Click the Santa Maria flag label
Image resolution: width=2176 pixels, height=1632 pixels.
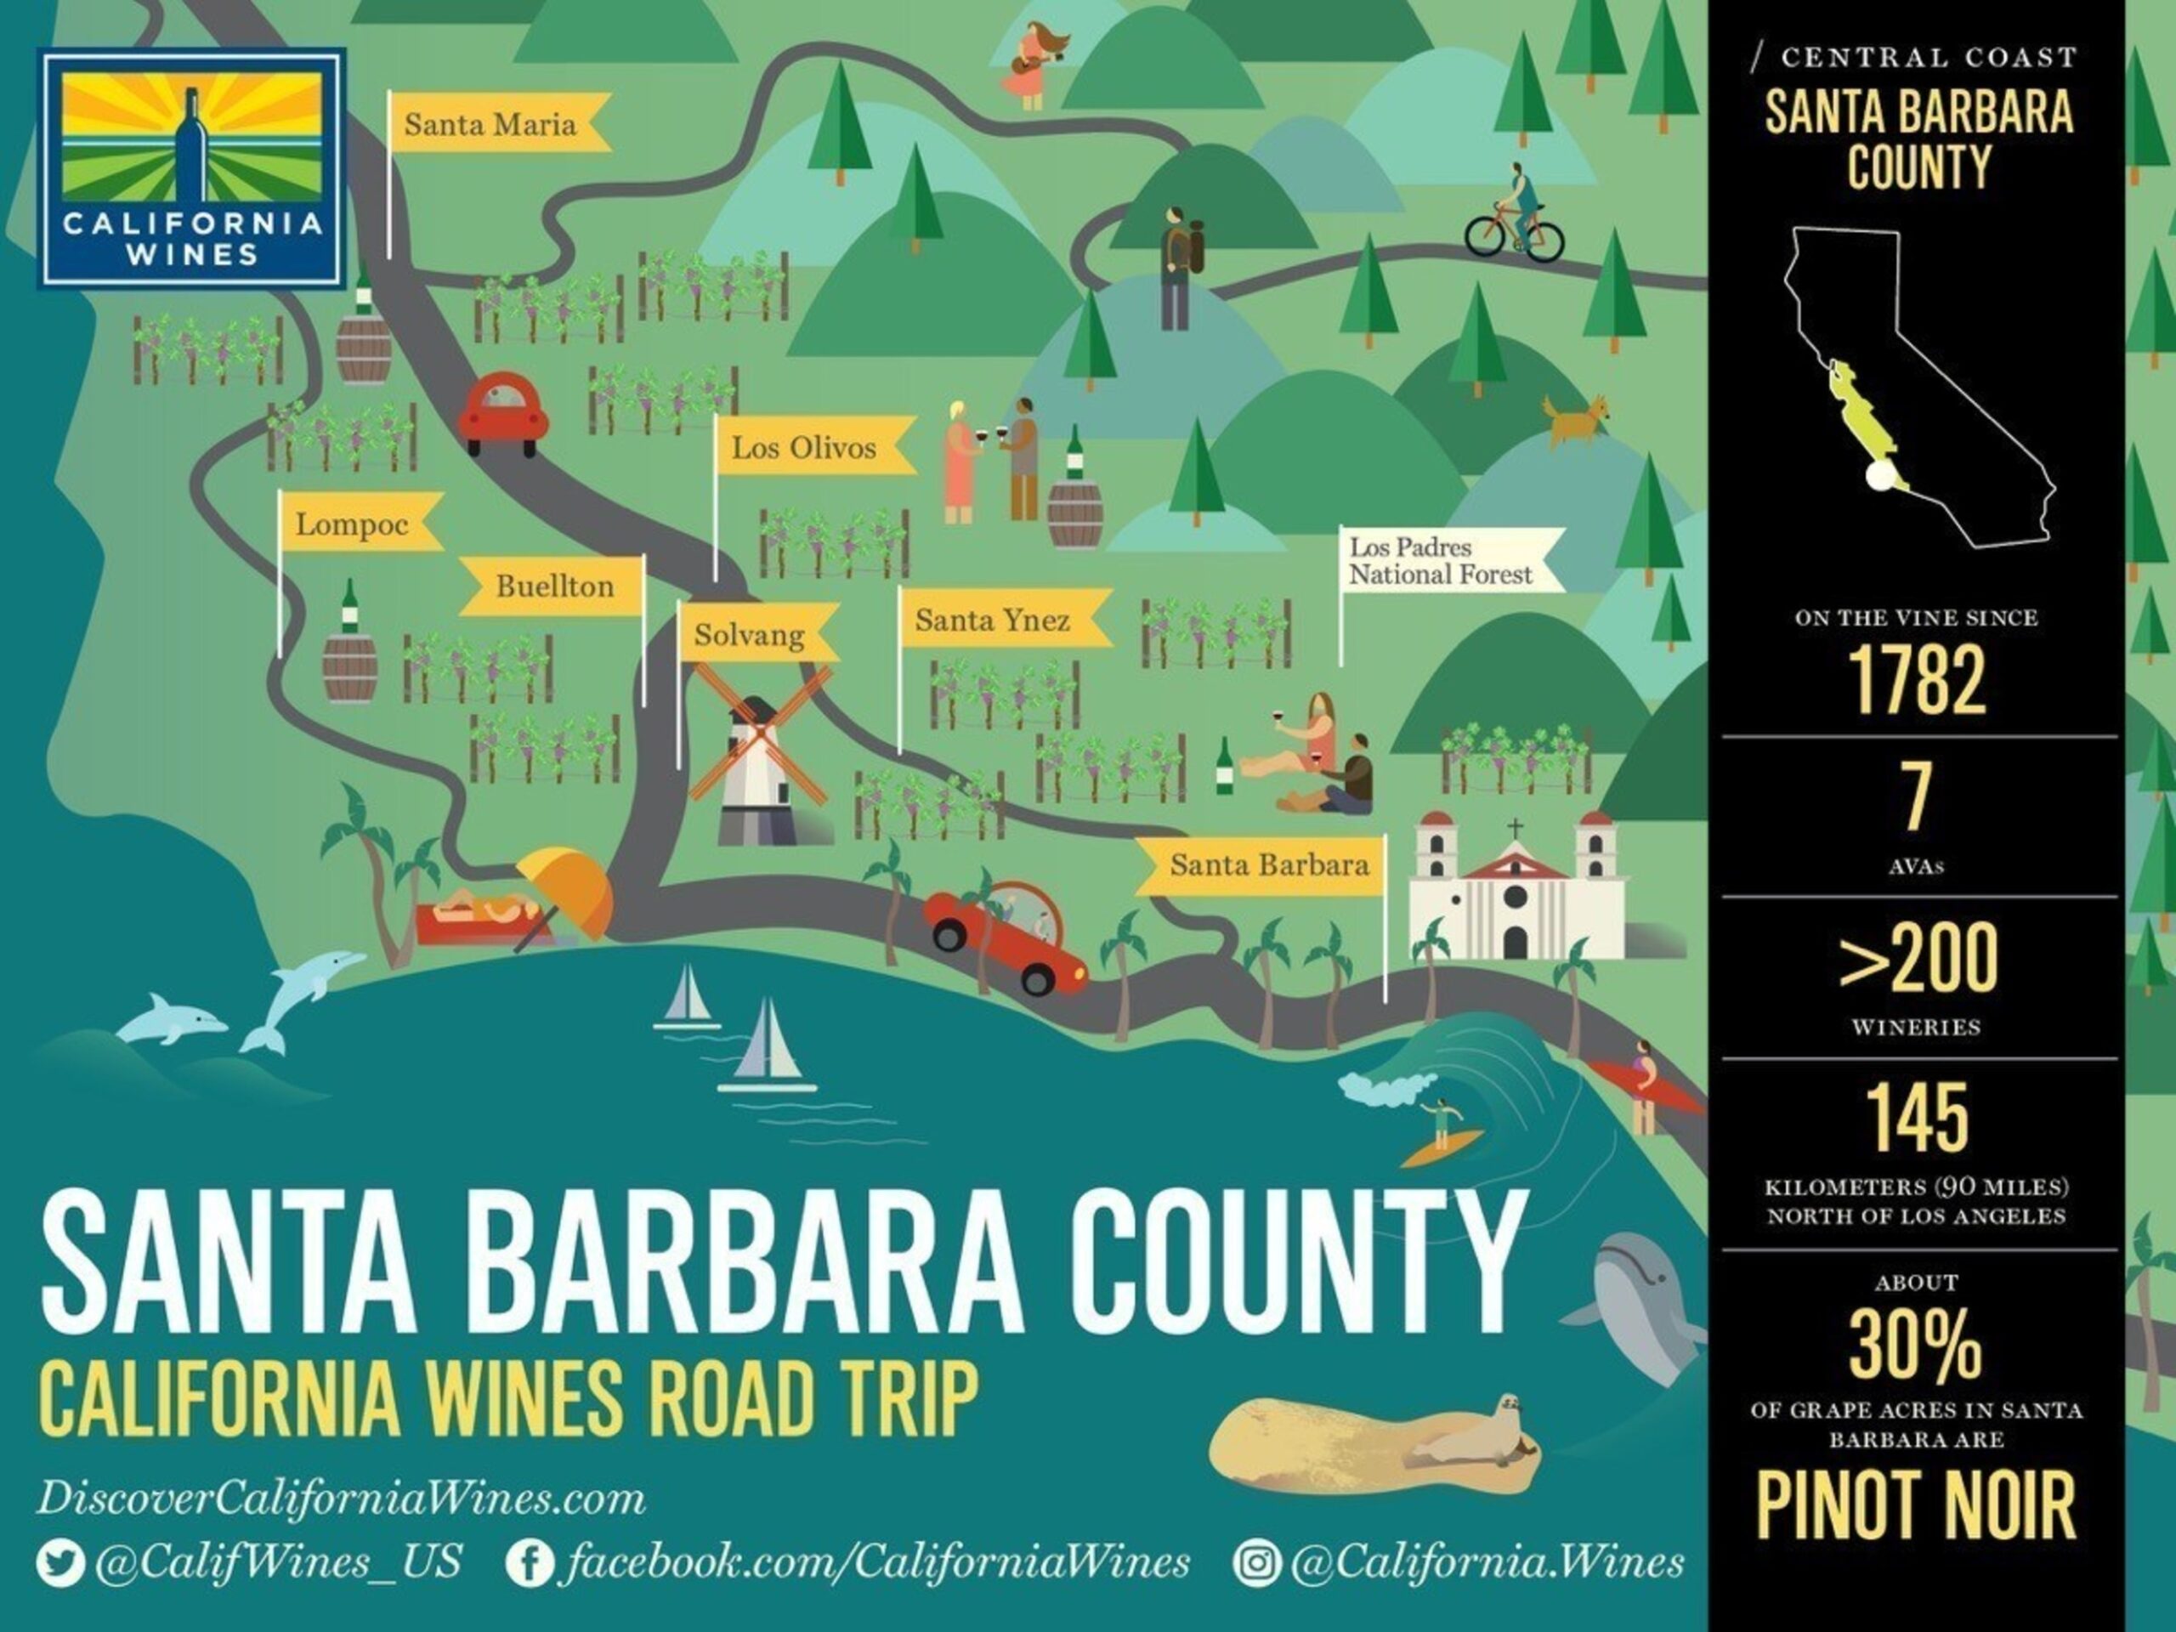pyautogui.click(x=490, y=125)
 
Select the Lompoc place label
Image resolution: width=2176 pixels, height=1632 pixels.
pyautogui.click(x=351, y=524)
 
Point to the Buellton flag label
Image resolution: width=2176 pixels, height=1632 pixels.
pyautogui.click(x=554, y=586)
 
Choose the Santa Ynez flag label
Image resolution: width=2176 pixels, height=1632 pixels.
pyautogui.click(x=992, y=620)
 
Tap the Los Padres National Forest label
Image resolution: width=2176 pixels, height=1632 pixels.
pyautogui.click(x=1439, y=561)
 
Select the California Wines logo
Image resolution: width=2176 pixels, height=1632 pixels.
pyautogui.click(x=193, y=170)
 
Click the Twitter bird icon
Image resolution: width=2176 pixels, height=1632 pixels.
pyautogui.click(x=60, y=1562)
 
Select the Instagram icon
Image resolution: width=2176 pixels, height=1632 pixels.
pyautogui.click(x=1256, y=1562)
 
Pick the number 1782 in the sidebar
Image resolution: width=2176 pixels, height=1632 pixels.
pyautogui.click(x=1916, y=681)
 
